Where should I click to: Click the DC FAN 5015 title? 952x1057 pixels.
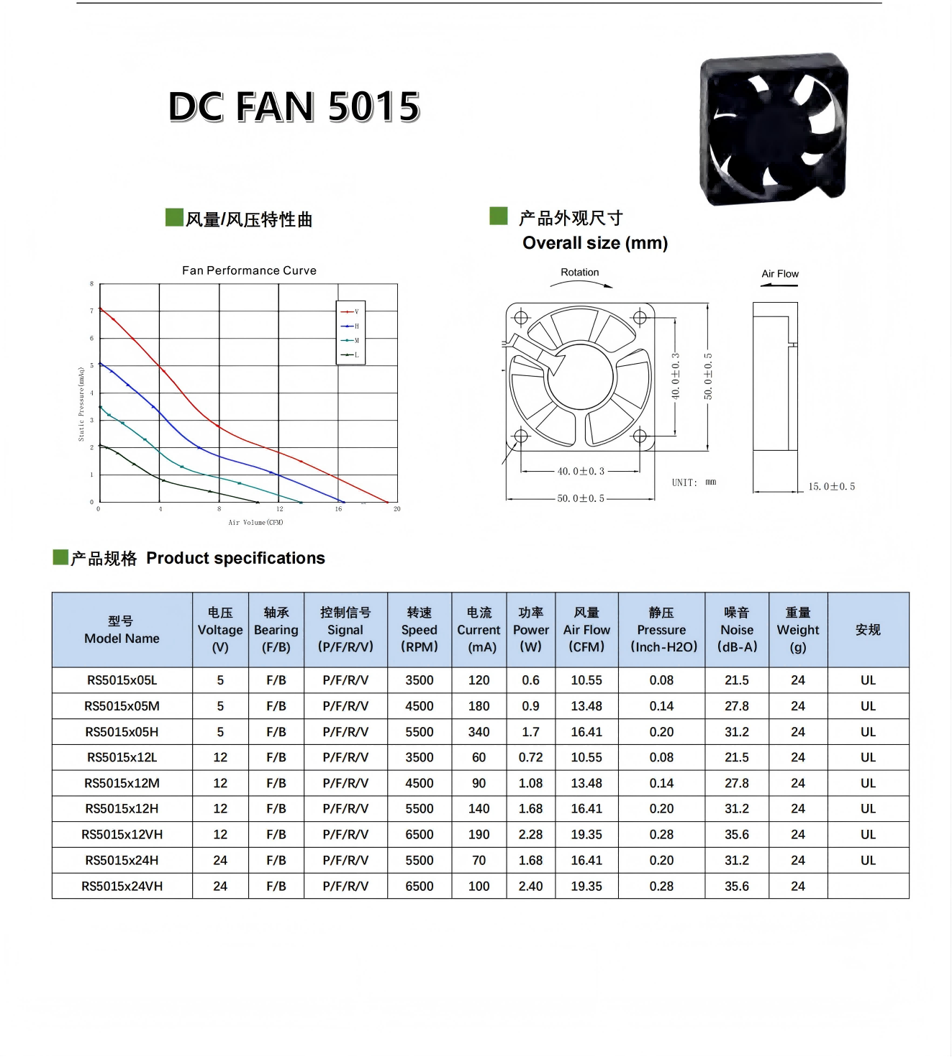(x=294, y=107)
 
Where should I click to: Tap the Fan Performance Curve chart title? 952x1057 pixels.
(x=250, y=270)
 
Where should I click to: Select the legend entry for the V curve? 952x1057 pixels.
(x=350, y=311)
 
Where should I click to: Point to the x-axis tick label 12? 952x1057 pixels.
(x=279, y=509)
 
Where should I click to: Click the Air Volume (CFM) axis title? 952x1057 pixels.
(x=255, y=522)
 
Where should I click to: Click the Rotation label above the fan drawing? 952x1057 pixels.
(x=580, y=272)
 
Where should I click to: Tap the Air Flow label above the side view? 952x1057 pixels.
(x=780, y=273)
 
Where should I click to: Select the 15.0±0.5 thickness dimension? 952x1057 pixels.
(x=832, y=486)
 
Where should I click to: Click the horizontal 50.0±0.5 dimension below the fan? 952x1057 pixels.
(x=581, y=498)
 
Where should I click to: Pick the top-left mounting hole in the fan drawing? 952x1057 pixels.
(x=521, y=317)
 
